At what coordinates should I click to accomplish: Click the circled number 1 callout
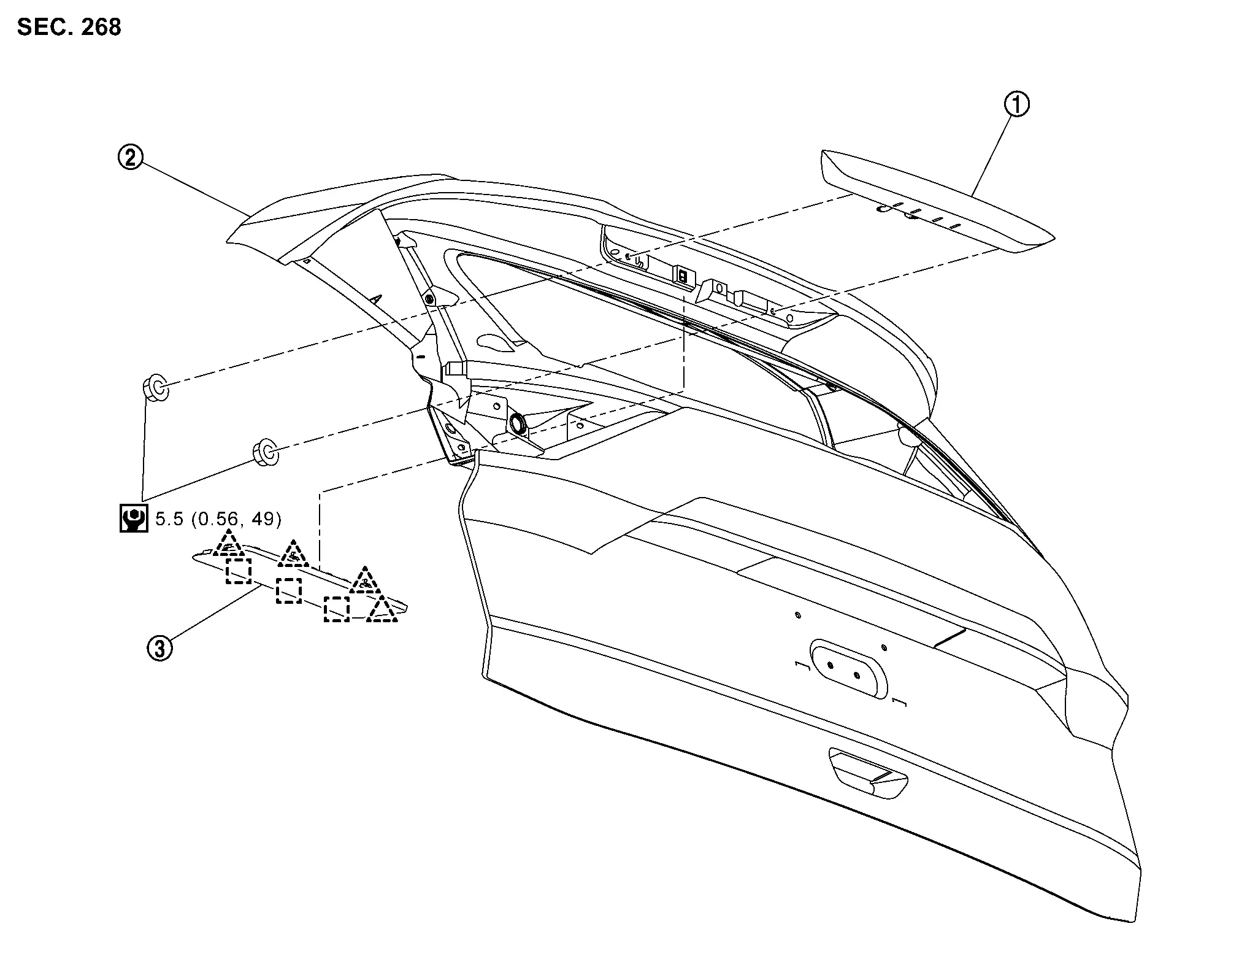pos(1016,104)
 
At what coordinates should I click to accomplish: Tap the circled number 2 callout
pos(130,158)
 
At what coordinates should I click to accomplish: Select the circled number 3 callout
pos(159,648)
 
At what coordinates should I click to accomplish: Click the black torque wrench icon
pos(133,519)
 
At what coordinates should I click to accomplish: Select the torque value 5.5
pos(169,519)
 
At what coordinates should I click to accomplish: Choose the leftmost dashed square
pos(238,571)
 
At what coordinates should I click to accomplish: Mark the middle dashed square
pos(288,590)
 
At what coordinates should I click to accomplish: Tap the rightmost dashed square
pos(336,609)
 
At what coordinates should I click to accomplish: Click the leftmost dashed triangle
pos(228,544)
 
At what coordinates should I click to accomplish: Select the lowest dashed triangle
pos(382,610)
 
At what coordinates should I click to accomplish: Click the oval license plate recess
pos(849,668)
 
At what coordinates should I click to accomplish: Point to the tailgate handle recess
pos(867,775)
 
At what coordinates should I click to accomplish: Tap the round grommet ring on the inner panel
pos(518,422)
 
